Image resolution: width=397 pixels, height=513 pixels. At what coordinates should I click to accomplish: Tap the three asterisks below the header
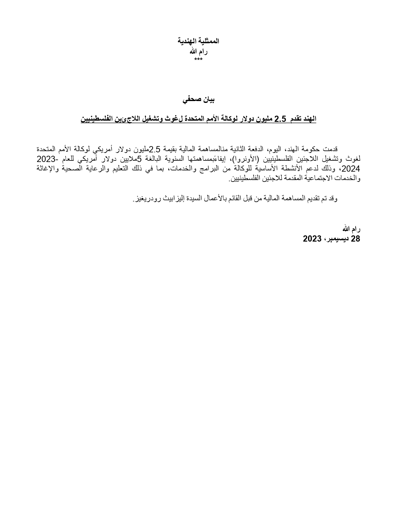[x=198, y=59]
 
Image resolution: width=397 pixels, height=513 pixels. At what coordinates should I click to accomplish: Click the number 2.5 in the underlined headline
[x=280, y=119]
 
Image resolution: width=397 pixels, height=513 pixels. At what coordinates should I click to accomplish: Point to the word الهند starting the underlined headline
[x=308, y=119]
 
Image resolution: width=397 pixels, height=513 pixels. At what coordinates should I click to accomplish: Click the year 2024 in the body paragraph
[x=353, y=169]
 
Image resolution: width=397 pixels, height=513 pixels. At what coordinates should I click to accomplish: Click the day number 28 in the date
[x=355, y=239]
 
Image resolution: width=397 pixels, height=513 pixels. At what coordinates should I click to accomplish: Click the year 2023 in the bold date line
[x=312, y=239]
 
